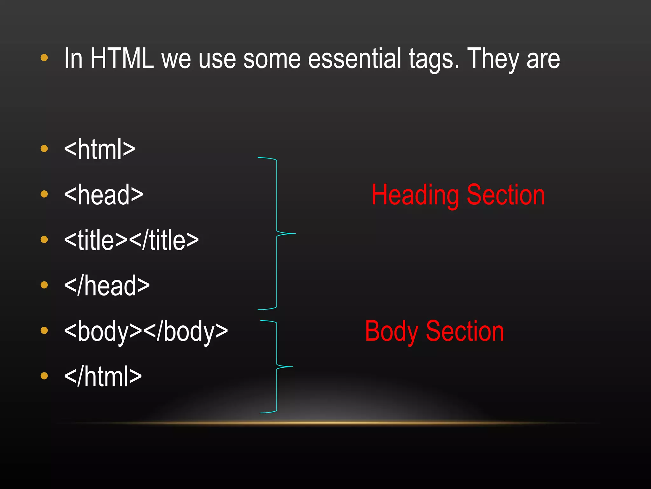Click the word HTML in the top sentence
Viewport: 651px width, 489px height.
(x=122, y=59)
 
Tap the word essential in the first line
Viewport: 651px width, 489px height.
(x=354, y=59)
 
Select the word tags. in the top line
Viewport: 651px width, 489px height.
(x=434, y=59)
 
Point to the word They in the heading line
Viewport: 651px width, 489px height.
(x=493, y=59)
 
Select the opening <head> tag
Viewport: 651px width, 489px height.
(x=104, y=195)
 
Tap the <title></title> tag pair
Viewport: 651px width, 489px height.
(x=131, y=240)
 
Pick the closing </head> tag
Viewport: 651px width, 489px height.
(x=107, y=286)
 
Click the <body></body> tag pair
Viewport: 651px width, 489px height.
(x=146, y=331)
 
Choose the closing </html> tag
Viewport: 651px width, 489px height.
(x=103, y=377)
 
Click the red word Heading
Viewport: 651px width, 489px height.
(x=415, y=195)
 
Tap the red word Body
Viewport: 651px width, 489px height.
(x=391, y=332)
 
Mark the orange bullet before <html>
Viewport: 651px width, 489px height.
(x=44, y=149)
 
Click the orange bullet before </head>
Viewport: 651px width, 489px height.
(x=44, y=285)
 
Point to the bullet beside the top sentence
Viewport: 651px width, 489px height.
(x=44, y=58)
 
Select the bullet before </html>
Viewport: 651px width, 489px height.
(x=44, y=376)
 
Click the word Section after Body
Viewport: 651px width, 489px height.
(x=465, y=331)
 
